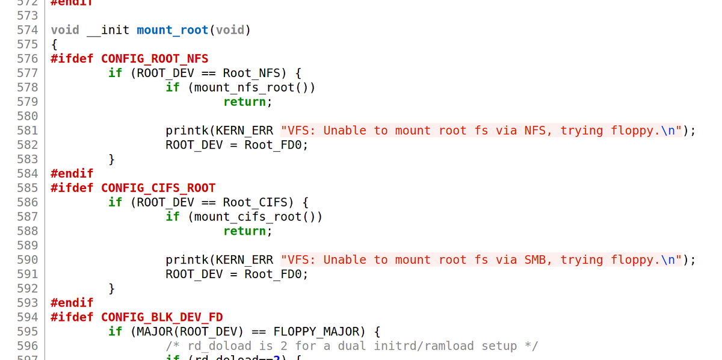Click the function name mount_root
tap(172, 30)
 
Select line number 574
tap(28, 30)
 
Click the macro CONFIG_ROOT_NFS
tap(155, 58)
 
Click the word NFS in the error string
tap(535, 131)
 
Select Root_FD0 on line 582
tap(276, 145)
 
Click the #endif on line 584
tap(72, 173)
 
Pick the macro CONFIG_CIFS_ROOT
tap(158, 188)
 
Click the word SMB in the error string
tap(535, 260)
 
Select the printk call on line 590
tap(187, 260)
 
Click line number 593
tap(28, 303)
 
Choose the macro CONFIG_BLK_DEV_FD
tap(162, 317)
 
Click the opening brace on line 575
tap(54, 45)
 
